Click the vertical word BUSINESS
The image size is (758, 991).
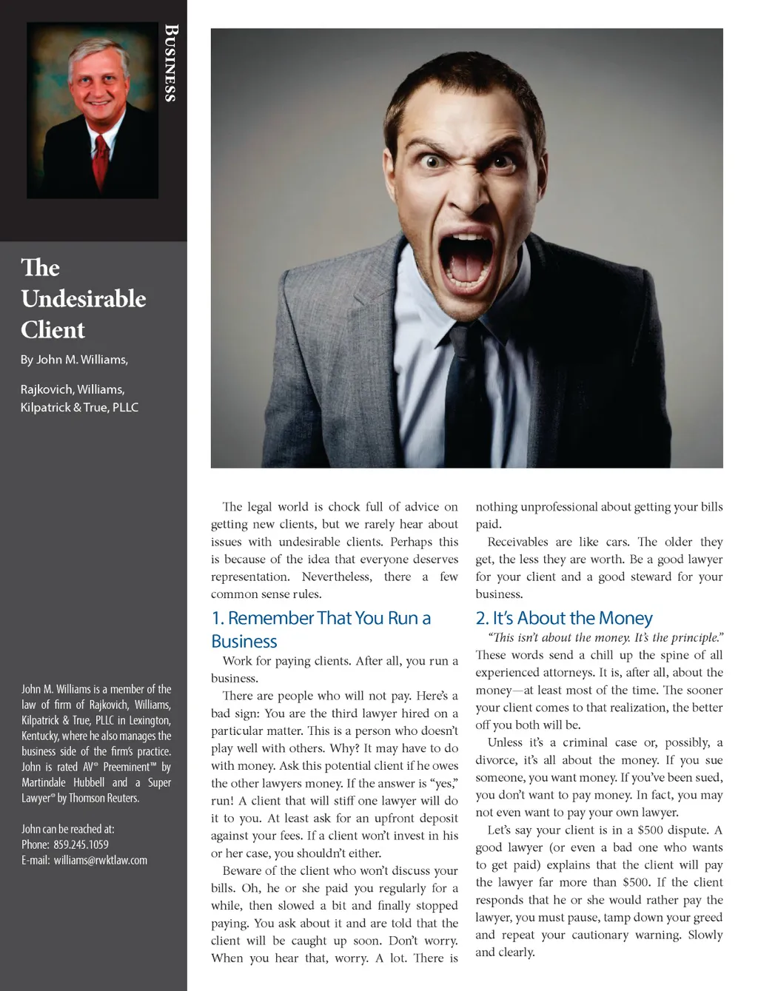171,63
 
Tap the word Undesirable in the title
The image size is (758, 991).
84,299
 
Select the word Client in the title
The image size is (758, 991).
53,330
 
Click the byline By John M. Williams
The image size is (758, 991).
74,360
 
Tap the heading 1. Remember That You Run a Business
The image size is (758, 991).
321,629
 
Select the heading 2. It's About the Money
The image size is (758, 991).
564,618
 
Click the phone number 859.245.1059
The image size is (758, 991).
81,844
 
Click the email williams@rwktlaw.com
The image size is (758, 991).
101,860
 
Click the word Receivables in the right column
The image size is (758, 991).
518,542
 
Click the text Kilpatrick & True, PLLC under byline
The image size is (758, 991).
79,407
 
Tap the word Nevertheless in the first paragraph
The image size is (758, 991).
337,577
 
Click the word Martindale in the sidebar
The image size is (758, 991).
47,782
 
